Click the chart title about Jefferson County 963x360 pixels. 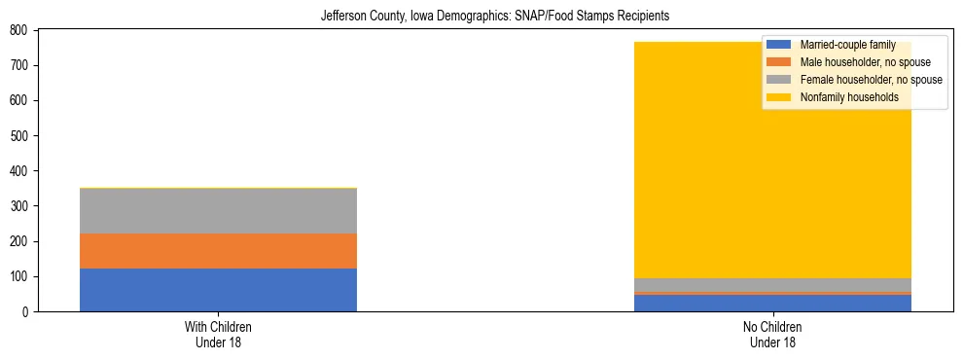click(495, 17)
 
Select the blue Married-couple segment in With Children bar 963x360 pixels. click(218, 290)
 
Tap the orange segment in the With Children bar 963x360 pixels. click(218, 251)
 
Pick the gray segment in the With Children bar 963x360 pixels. click(218, 211)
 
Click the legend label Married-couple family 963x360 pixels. click(847, 45)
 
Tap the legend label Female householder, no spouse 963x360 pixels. click(871, 80)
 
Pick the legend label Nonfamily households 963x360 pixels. click(848, 97)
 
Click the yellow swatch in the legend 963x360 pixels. click(779, 97)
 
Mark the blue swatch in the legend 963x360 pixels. click(779, 45)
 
